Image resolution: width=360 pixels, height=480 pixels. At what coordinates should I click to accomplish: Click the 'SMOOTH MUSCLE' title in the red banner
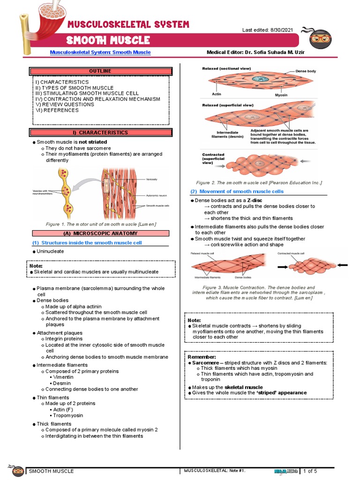pyautogui.click(x=108, y=40)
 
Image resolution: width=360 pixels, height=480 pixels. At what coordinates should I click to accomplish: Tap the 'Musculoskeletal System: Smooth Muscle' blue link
pyautogui.click(x=100, y=52)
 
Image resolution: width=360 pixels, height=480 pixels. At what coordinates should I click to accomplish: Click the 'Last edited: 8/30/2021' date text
pyautogui.click(x=267, y=30)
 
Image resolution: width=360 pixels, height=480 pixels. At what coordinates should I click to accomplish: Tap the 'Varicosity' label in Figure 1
pyautogui.click(x=151, y=180)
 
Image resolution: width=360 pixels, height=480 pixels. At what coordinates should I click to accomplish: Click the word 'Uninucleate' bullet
pyautogui.click(x=50, y=251)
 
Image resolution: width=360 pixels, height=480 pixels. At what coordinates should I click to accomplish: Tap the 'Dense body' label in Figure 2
pyautogui.click(x=308, y=71)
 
